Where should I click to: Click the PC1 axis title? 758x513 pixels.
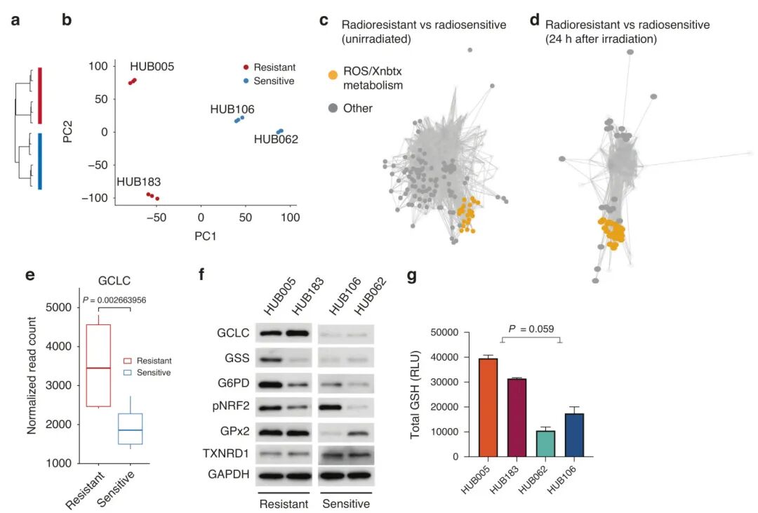[204, 236]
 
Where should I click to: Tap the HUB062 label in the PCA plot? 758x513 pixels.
[276, 140]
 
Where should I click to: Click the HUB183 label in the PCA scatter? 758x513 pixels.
[138, 182]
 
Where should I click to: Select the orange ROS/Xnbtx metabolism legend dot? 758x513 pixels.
[333, 74]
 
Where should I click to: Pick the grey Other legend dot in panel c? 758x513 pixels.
[333, 108]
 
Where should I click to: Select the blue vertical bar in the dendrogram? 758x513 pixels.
[39, 161]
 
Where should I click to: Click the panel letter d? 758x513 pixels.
[535, 20]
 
